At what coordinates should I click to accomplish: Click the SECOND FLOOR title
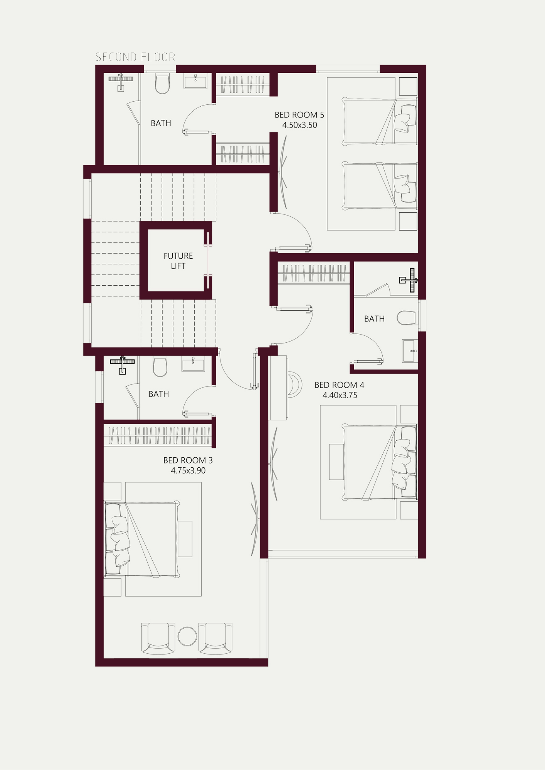(x=135, y=57)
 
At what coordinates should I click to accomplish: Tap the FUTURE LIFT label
(x=178, y=261)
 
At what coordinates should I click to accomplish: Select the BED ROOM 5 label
(x=299, y=115)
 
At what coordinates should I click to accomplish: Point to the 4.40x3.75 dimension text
(x=340, y=395)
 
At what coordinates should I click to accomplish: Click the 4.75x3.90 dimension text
(x=188, y=470)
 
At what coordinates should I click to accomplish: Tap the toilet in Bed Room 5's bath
(x=162, y=84)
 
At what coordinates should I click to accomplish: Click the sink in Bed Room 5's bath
(x=195, y=81)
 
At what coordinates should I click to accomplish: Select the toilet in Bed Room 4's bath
(x=407, y=318)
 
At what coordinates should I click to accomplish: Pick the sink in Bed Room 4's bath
(x=410, y=351)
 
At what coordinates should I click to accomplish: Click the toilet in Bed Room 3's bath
(x=160, y=367)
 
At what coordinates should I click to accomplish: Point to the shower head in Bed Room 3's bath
(x=122, y=364)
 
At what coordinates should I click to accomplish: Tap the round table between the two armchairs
(x=187, y=636)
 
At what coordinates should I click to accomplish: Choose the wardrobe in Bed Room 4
(x=314, y=273)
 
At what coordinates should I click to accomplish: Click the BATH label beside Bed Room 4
(x=374, y=319)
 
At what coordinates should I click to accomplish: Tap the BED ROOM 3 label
(x=188, y=460)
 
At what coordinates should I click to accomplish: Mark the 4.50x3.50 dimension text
(x=299, y=125)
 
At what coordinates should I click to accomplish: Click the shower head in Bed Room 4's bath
(x=409, y=280)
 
